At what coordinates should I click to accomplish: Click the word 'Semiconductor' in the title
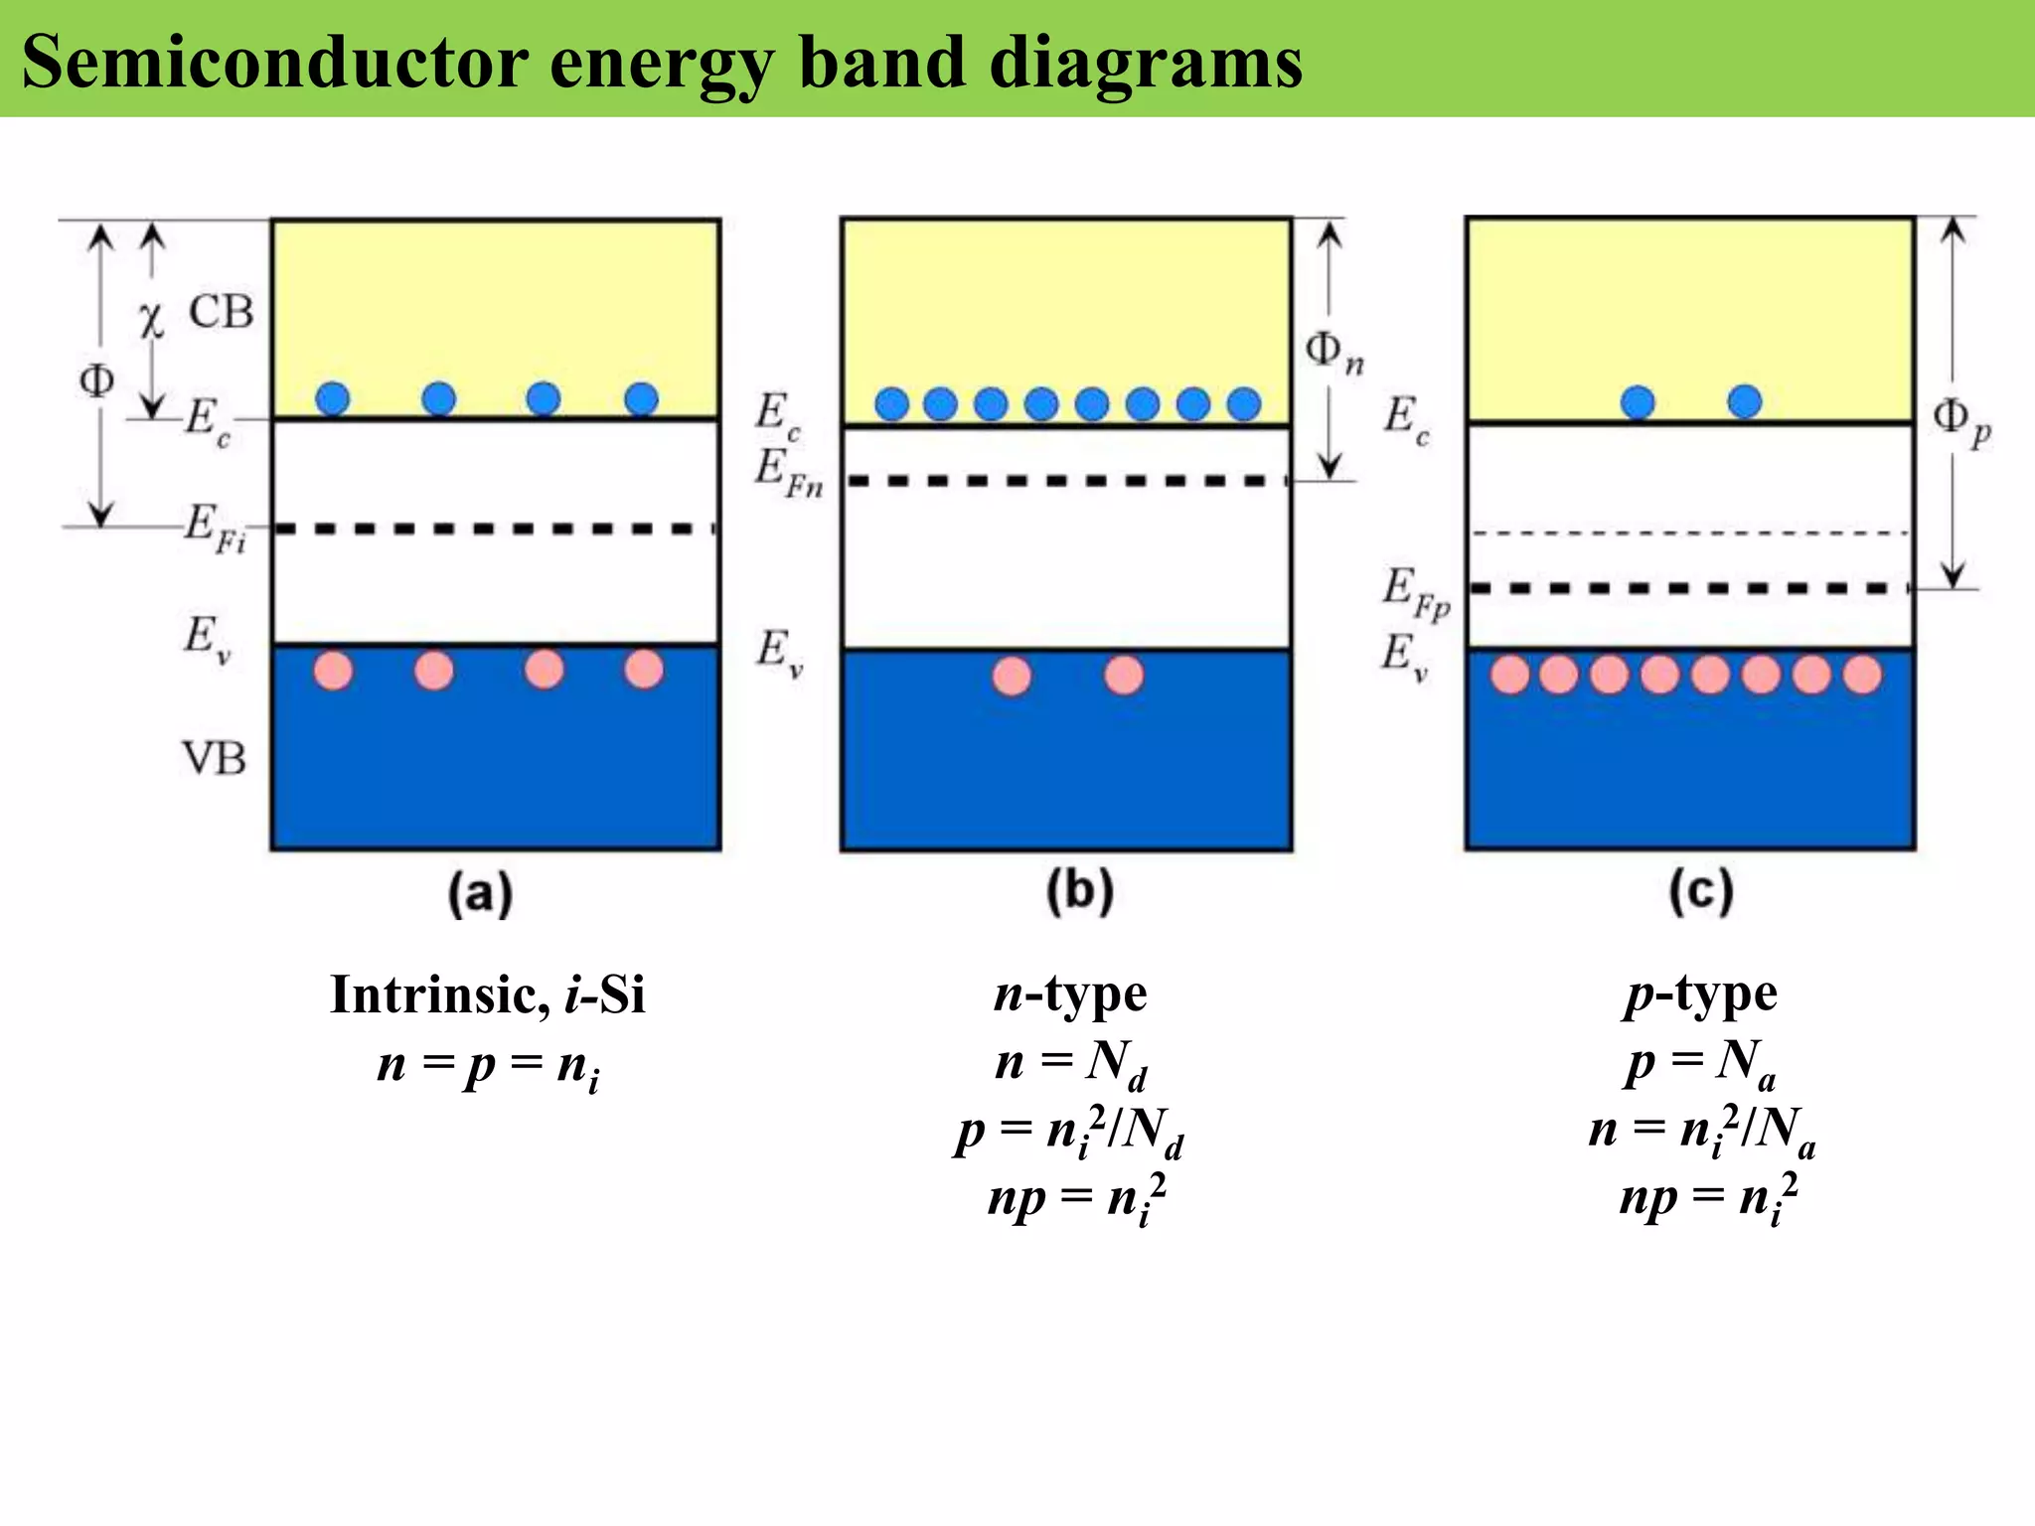274,62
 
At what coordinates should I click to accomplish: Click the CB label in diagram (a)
221,312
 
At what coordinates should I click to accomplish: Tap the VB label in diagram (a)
214,759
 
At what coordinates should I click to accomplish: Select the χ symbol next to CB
150,319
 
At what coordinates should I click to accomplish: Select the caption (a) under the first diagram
480,893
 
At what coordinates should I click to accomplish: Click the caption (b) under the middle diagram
1079,891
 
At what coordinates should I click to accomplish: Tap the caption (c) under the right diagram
1700,891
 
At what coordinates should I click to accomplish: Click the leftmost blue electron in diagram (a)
333,399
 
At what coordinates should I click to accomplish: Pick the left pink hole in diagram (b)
1012,677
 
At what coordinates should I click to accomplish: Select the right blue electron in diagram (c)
1745,402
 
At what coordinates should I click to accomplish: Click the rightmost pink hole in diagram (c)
1862,675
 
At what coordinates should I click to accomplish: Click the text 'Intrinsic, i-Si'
487,994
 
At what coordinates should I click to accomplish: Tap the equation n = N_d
1070,1063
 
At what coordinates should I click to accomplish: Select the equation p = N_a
1700,1063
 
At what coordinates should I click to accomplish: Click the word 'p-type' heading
1700,994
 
